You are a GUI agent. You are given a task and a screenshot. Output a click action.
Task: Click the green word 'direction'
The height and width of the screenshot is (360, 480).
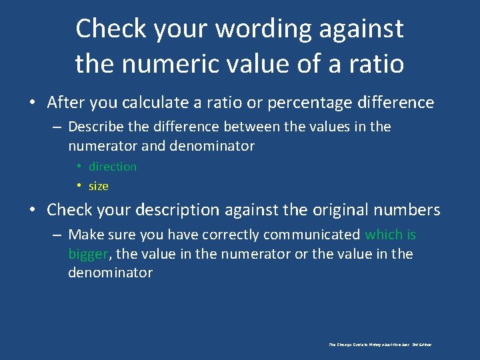pyautogui.click(x=113, y=167)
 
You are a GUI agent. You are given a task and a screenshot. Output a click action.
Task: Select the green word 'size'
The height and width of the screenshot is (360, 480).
pyautogui.click(x=98, y=186)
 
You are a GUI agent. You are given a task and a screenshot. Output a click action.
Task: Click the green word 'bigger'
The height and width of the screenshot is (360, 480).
pyautogui.click(x=89, y=254)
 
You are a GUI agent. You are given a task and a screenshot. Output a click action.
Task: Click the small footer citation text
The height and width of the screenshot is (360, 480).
pyautogui.click(x=380, y=345)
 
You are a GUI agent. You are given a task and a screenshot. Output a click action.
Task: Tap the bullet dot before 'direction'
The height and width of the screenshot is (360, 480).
pyautogui.click(x=79, y=167)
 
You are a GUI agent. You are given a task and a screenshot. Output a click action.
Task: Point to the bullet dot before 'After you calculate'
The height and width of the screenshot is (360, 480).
pyautogui.click(x=33, y=103)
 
